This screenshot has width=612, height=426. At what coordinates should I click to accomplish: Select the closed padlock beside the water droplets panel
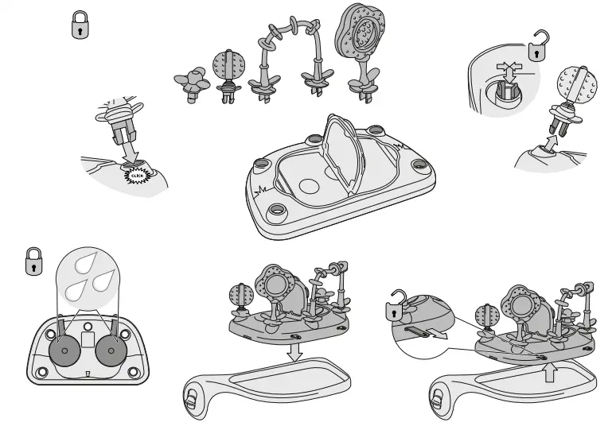click(33, 261)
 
